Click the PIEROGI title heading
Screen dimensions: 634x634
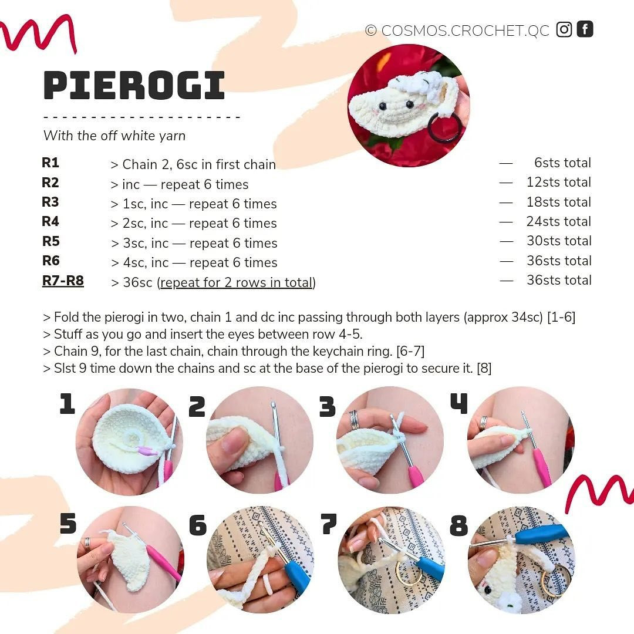134,86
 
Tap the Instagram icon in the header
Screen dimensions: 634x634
564,29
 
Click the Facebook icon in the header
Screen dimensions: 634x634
585,29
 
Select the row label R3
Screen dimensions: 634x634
50,203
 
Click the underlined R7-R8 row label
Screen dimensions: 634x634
63,281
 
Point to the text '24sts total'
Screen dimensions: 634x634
558,222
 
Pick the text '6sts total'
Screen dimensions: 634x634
562,163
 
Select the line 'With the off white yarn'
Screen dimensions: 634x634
114,136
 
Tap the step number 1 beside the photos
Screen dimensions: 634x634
67,404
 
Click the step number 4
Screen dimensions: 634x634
458,404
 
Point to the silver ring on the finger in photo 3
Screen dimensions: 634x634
354,419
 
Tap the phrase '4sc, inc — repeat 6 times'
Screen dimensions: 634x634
200,263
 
